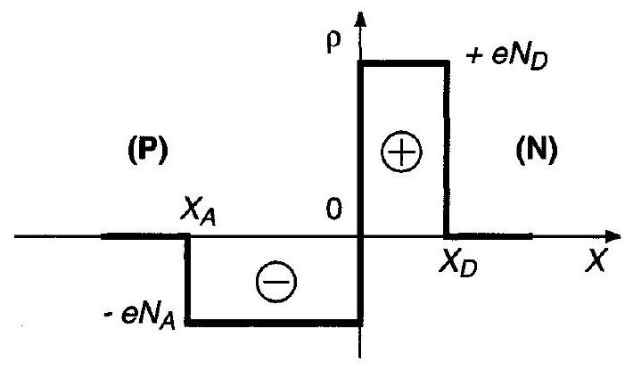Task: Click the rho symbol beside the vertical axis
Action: (333, 42)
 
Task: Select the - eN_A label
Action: (140, 316)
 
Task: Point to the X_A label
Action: (198, 212)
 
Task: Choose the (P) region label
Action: (148, 150)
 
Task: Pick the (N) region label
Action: (537, 150)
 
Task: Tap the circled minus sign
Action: (276, 282)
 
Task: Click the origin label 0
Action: (333, 209)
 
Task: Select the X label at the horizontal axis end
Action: (596, 260)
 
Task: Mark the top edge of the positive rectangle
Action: (404, 63)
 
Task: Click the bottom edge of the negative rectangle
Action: (274, 323)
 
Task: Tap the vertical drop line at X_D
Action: (447, 149)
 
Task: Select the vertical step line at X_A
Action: (188, 279)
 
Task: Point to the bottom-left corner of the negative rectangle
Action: (188, 323)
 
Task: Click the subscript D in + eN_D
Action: (539, 62)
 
